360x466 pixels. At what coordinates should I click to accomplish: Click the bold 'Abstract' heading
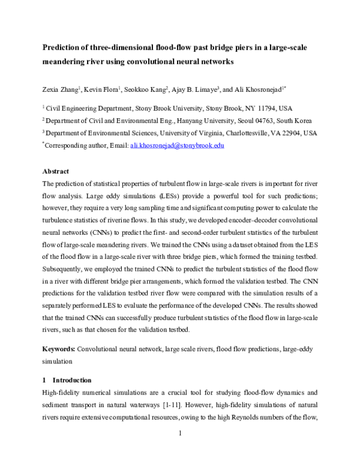point(55,171)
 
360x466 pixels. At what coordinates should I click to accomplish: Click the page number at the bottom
point(180,450)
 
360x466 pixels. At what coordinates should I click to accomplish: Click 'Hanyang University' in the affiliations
point(196,121)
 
